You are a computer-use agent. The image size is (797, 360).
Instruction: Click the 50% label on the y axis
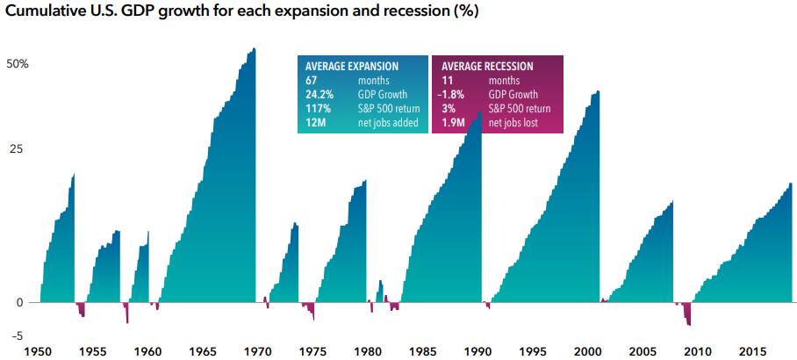(x=17, y=65)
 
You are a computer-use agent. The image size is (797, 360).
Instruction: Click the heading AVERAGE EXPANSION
(x=352, y=67)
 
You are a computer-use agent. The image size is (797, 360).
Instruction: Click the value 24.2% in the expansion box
(x=319, y=95)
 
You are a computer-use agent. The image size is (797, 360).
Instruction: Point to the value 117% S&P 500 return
(x=318, y=109)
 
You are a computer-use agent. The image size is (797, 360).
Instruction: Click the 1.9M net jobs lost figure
(x=452, y=123)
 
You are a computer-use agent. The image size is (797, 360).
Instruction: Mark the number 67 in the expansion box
(x=311, y=80)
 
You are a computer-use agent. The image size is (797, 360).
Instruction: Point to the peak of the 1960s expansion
(x=254, y=49)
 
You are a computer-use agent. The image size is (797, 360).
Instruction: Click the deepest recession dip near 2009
(x=689, y=325)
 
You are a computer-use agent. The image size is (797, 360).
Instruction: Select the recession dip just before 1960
(x=127, y=322)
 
